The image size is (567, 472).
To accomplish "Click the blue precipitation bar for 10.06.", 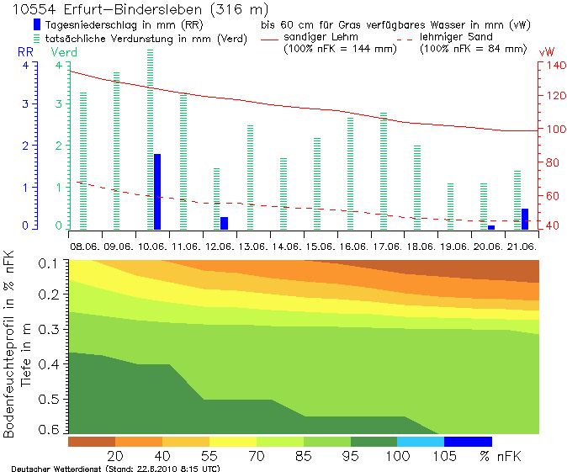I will click(x=157, y=192).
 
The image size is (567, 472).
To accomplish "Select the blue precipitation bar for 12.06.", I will click(x=224, y=223).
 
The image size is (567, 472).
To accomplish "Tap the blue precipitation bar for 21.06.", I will click(x=525, y=219).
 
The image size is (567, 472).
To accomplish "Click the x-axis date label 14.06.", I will click(x=286, y=247).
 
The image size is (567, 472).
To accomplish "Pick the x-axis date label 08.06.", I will click(x=85, y=247).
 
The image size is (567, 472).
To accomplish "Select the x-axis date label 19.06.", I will click(x=453, y=247).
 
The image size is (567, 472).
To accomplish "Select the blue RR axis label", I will click(x=25, y=52).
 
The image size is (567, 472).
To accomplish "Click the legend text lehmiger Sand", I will click(x=454, y=37).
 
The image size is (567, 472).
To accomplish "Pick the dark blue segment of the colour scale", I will click(x=467, y=441).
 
